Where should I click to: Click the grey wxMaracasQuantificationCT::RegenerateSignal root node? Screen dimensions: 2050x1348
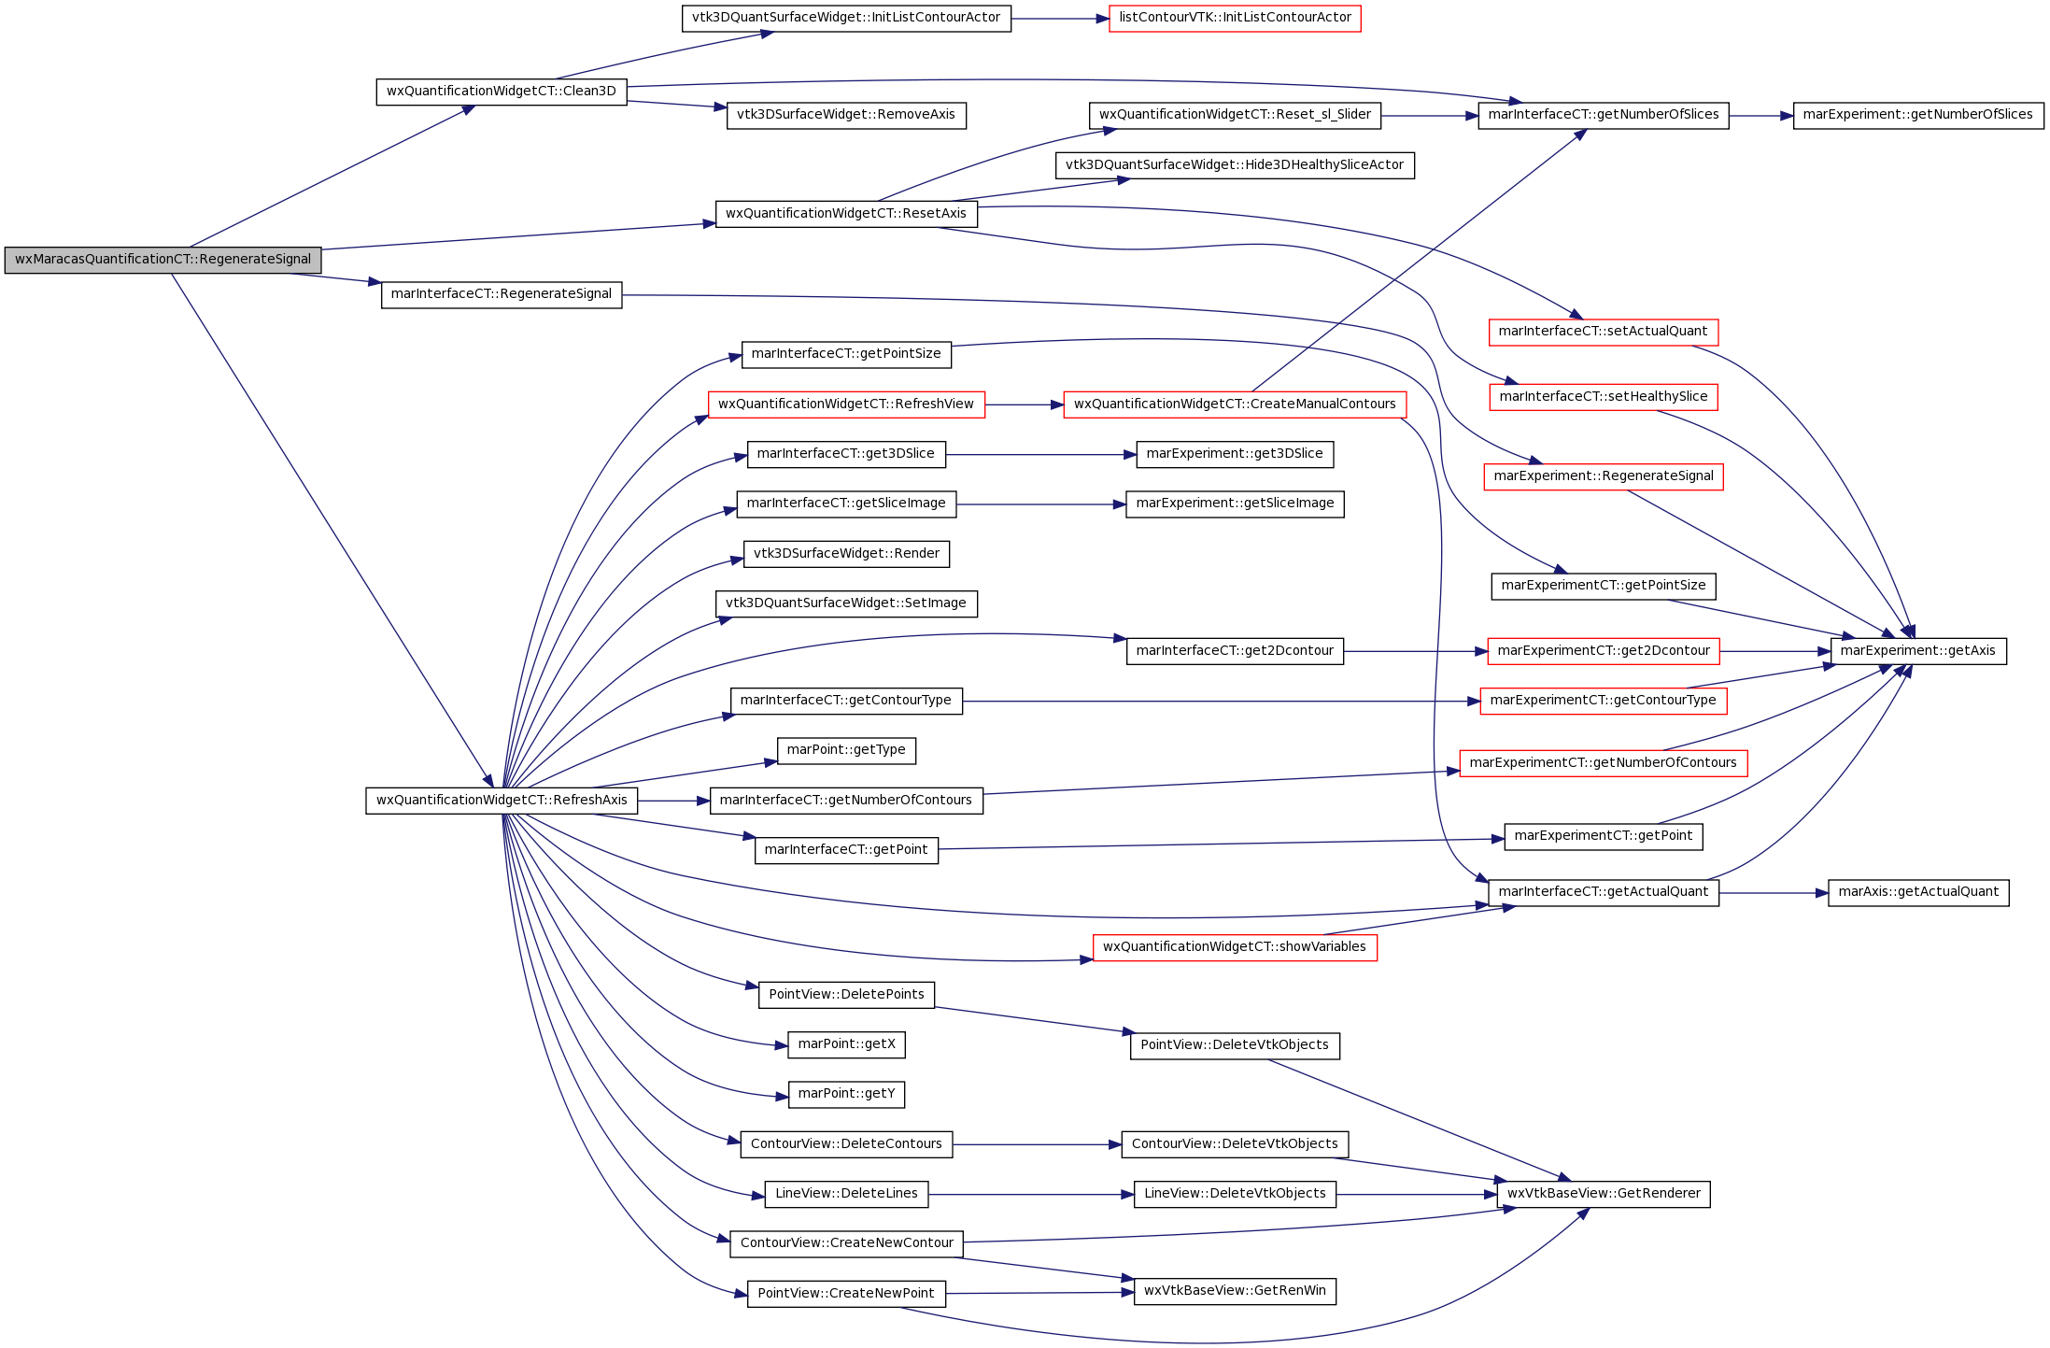tap(163, 260)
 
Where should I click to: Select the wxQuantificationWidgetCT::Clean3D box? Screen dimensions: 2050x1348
tap(502, 92)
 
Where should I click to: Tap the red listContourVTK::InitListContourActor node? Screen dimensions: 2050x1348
tap(1235, 18)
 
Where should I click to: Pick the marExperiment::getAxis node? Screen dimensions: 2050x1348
tap(1917, 651)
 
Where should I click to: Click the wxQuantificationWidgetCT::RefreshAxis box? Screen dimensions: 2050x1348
tap(502, 801)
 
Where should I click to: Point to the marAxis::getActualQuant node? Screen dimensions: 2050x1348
tap(1918, 892)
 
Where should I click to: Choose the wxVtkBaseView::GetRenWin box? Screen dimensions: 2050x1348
tap(1235, 1291)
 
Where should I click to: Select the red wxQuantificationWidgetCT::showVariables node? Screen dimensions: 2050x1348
tap(1235, 947)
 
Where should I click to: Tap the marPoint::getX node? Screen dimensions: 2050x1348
tap(846, 1044)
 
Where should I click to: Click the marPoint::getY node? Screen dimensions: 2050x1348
tap(846, 1094)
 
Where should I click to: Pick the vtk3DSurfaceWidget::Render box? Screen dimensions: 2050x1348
tap(846, 554)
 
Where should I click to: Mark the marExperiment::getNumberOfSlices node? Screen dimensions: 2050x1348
tap(1918, 115)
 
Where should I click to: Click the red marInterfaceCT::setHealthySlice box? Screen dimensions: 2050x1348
tap(1603, 397)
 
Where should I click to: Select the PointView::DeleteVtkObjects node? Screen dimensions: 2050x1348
tap(1235, 1045)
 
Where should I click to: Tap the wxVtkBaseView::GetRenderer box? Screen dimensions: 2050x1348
tap(1604, 1194)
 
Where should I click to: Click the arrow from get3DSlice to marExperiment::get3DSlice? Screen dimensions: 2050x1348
tap(1041, 455)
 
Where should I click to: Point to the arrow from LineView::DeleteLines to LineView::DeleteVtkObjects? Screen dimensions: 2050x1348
tap(1031, 1195)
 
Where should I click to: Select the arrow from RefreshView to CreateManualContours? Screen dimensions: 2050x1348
tap(1025, 405)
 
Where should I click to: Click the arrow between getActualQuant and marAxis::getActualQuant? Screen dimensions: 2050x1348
tap(1774, 893)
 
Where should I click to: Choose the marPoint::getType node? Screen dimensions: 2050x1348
tap(846, 750)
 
